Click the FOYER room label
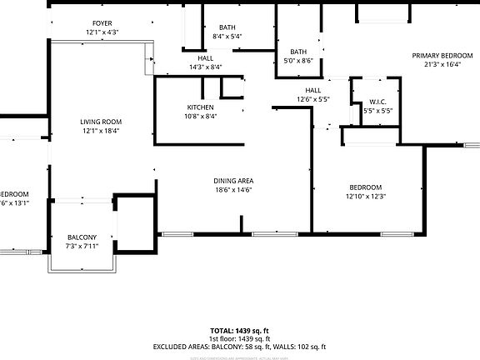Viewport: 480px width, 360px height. point(102,24)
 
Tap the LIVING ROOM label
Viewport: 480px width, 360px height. point(102,122)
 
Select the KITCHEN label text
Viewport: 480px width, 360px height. point(200,107)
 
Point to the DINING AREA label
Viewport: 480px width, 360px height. point(234,181)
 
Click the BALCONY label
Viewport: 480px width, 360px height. point(82,237)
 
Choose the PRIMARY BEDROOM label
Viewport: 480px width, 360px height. point(442,56)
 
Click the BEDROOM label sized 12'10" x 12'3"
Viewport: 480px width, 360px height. point(365,187)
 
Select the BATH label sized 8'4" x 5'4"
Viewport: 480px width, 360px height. point(227,27)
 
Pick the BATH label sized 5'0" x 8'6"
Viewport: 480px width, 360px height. point(298,52)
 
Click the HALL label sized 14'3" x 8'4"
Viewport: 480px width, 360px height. point(205,57)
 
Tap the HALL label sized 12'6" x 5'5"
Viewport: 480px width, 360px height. point(312,90)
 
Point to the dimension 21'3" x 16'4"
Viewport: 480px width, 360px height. point(442,65)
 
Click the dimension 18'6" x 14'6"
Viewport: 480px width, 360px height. point(234,190)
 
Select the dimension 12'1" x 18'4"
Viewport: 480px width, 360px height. point(102,131)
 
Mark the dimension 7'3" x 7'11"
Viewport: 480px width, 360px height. point(82,246)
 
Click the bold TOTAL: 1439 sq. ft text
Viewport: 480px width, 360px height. point(239,331)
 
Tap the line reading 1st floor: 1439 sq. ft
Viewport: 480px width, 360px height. point(239,338)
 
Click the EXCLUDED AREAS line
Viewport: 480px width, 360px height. point(239,346)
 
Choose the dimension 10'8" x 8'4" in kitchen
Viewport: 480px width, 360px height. point(200,117)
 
